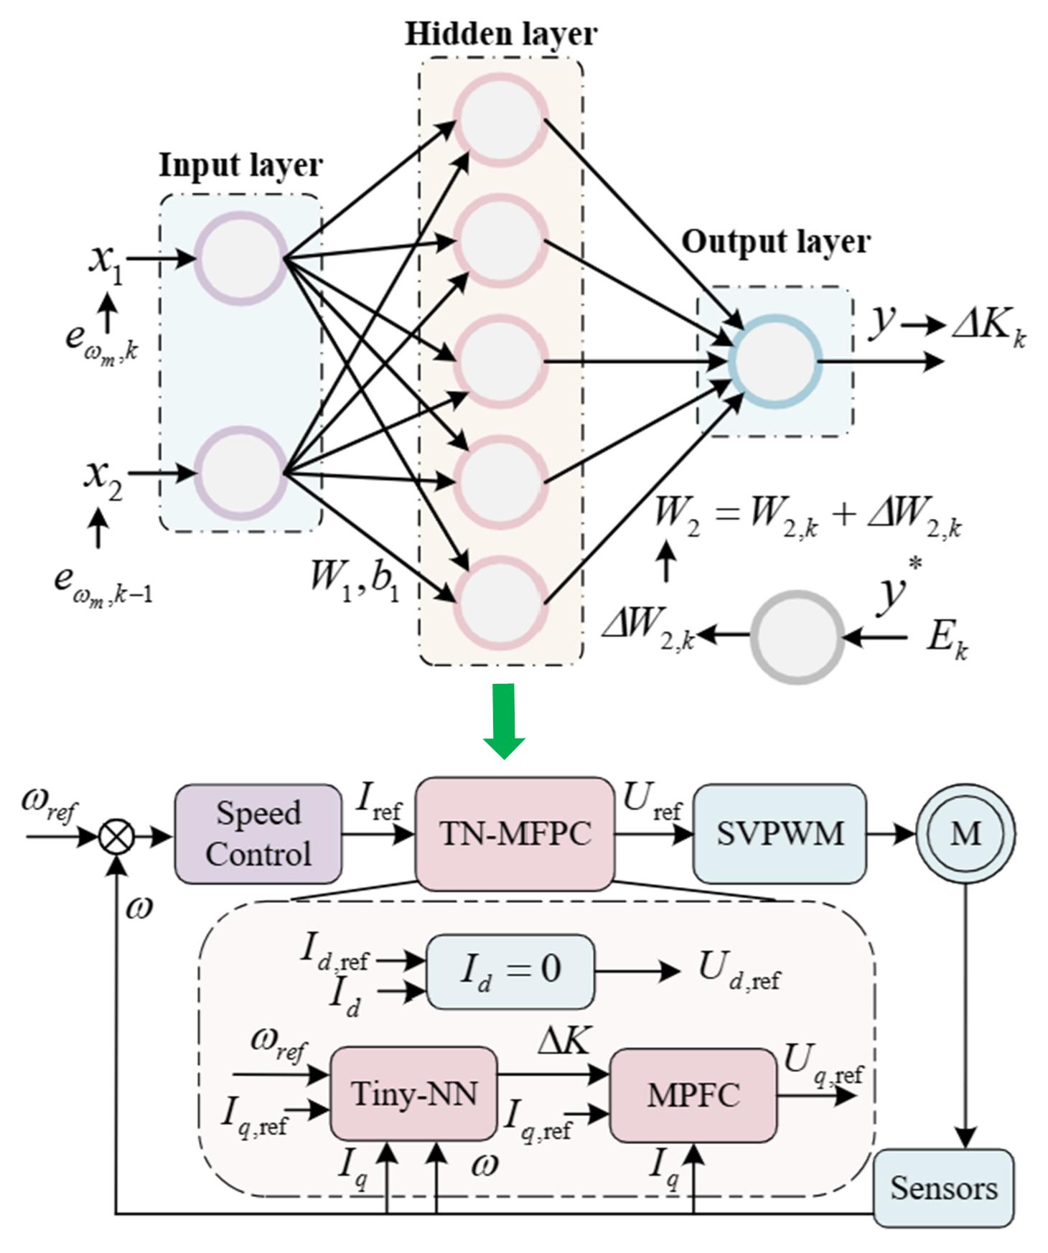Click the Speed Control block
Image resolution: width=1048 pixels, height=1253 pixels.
pyautogui.click(x=258, y=833)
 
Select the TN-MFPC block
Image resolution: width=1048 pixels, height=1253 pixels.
pyautogui.click(x=515, y=833)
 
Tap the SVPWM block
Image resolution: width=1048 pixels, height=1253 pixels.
pyautogui.click(x=780, y=833)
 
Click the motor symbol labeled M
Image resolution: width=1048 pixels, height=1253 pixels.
pyautogui.click(x=965, y=833)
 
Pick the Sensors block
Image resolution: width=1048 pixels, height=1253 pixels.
pyautogui.click(x=943, y=1188)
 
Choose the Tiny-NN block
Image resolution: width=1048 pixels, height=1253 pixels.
pyautogui.click(x=413, y=1094)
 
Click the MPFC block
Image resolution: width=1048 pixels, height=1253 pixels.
pyautogui.click(x=693, y=1094)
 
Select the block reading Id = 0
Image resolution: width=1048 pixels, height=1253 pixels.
pyautogui.click(x=510, y=971)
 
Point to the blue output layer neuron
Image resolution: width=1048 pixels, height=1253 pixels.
pyautogui.click(x=774, y=361)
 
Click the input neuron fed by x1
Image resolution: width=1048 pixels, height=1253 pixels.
pyautogui.click(x=241, y=258)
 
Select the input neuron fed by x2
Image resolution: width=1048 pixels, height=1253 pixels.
pyautogui.click(x=241, y=473)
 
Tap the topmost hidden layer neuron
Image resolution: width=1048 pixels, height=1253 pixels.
pyautogui.click(x=500, y=121)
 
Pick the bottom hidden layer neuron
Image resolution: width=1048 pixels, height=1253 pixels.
pyautogui.click(x=500, y=602)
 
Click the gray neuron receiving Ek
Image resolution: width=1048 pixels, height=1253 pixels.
pyautogui.click(x=797, y=636)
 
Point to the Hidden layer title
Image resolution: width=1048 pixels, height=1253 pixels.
pyautogui.click(x=500, y=34)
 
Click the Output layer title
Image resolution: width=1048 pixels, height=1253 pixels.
pyautogui.click(x=775, y=242)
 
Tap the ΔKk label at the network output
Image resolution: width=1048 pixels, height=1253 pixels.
pyautogui.click(x=988, y=328)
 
